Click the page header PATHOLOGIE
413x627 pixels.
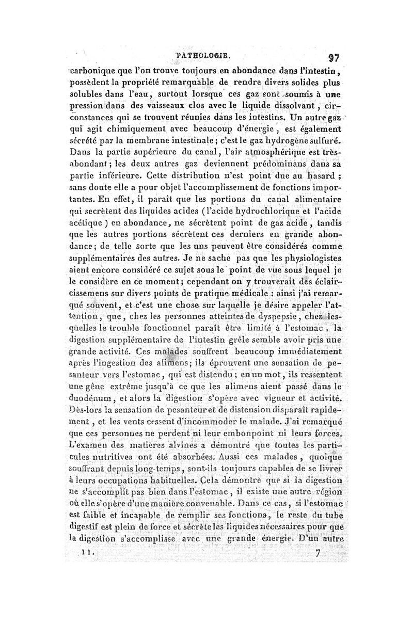204,53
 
